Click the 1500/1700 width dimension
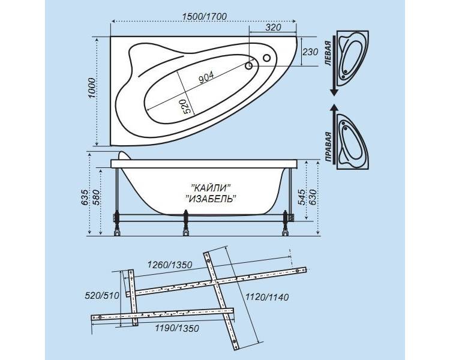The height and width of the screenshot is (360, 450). click(x=205, y=17)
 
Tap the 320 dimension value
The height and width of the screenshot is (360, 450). click(x=273, y=28)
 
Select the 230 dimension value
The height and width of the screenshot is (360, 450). click(x=310, y=52)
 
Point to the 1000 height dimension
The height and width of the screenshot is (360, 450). click(x=92, y=88)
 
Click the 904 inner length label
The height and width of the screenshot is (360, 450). click(x=206, y=77)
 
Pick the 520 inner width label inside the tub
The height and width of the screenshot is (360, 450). click(x=187, y=107)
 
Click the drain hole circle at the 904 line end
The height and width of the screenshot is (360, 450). click(x=249, y=66)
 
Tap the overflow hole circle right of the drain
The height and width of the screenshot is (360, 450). click(x=266, y=58)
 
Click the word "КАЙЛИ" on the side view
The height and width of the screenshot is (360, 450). click(x=211, y=188)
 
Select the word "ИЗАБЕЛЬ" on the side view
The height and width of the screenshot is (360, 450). click(x=211, y=198)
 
